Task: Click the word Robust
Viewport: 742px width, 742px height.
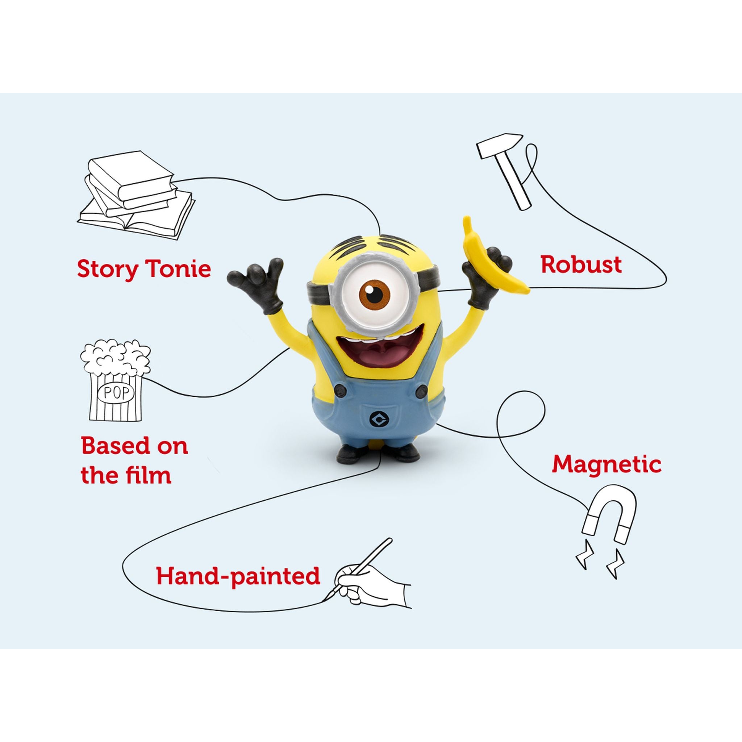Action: (581, 265)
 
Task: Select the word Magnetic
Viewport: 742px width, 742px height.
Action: (606, 464)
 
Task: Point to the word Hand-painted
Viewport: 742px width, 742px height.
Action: (238, 576)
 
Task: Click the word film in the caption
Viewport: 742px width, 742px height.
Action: (147, 475)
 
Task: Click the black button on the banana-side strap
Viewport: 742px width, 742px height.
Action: (421, 392)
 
